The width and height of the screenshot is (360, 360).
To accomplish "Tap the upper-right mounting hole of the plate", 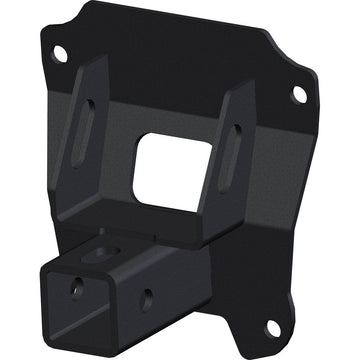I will (299, 93).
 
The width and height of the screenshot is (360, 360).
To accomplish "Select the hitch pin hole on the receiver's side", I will (146, 296).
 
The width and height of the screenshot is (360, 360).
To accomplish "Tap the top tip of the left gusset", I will (104, 58).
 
